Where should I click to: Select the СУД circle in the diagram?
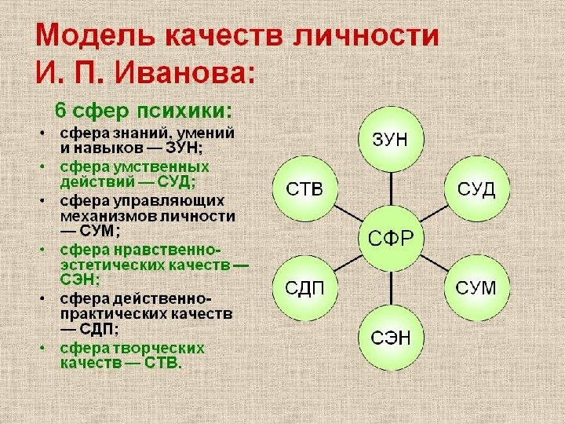(x=476, y=189)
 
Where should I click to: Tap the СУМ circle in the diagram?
(x=476, y=287)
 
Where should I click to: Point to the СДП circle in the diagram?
(x=304, y=287)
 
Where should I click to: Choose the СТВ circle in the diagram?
(x=304, y=189)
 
